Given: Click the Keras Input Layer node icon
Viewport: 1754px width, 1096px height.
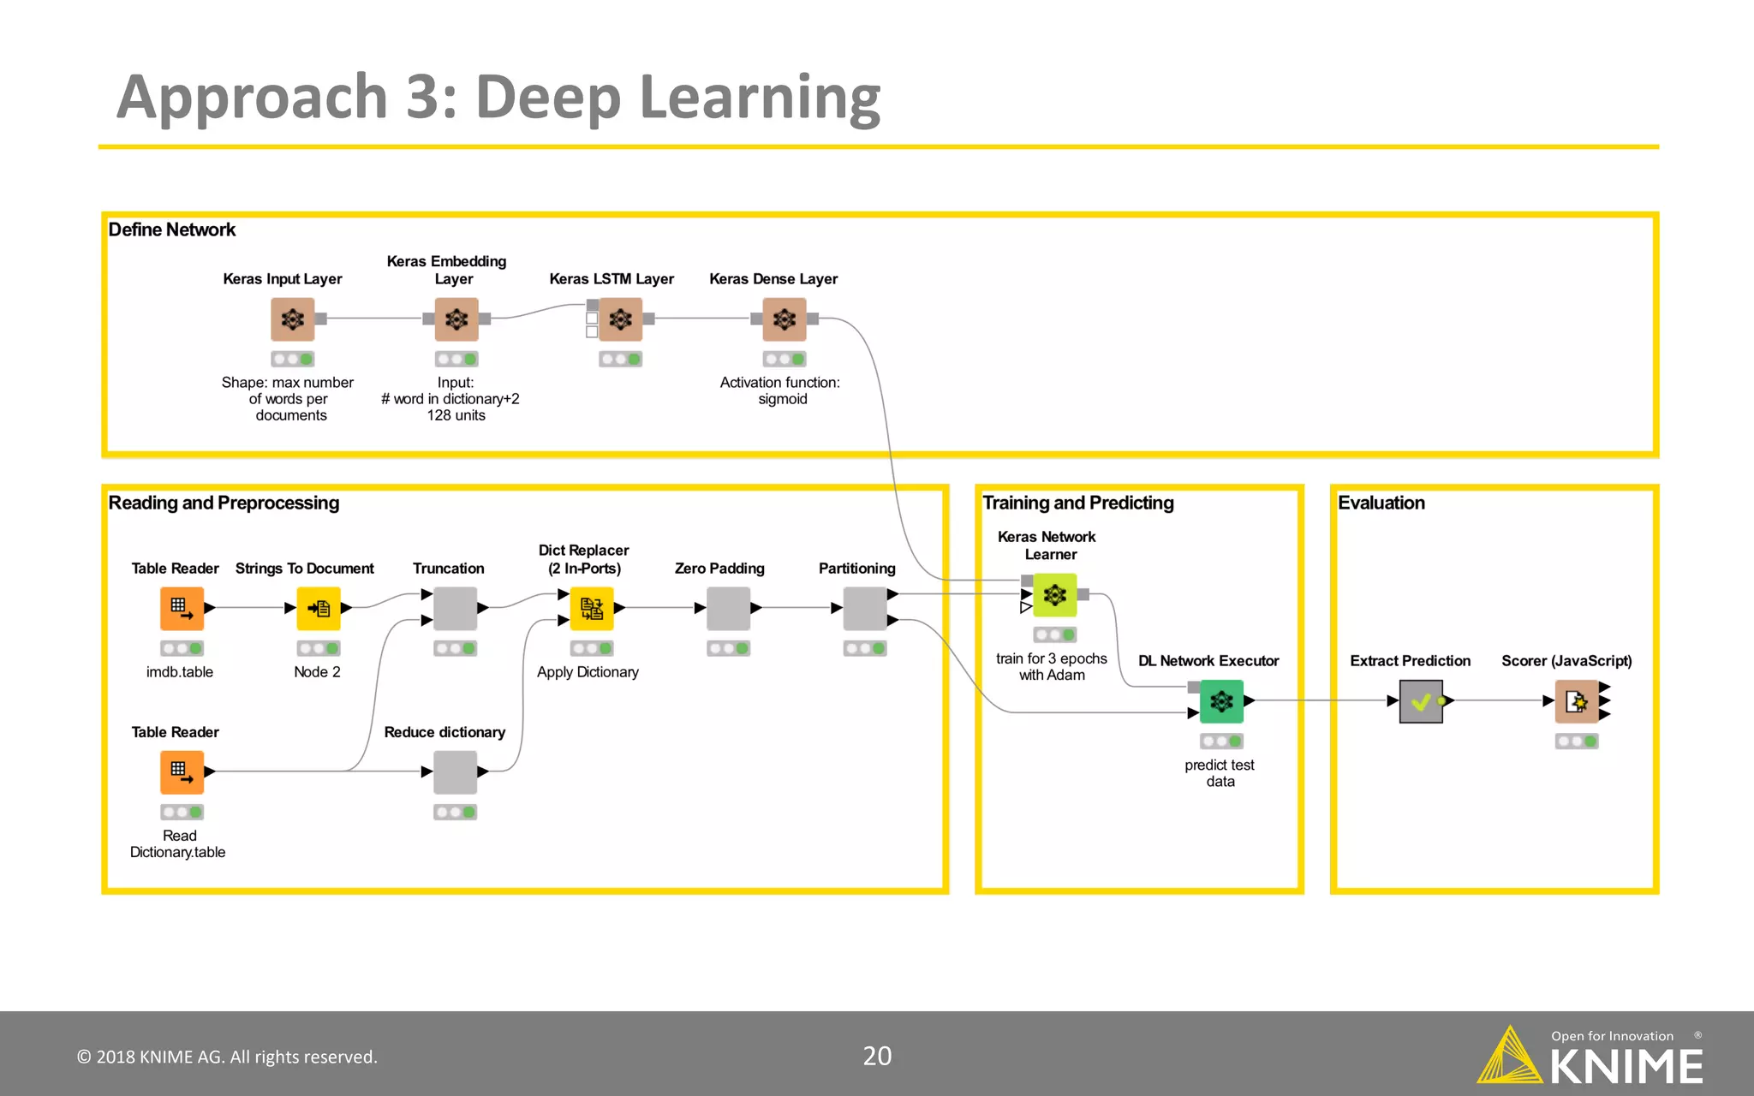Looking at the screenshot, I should [x=293, y=319].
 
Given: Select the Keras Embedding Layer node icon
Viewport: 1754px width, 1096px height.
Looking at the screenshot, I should [x=456, y=319].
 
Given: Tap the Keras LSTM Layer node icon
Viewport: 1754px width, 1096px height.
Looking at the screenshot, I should [x=620, y=319].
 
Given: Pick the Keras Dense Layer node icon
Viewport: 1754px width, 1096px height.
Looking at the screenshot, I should [x=784, y=319].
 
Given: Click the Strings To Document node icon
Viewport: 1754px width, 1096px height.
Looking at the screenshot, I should [x=319, y=608].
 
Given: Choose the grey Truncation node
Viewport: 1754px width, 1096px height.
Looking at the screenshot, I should [x=455, y=608].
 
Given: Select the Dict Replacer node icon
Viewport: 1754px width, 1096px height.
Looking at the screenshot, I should [x=592, y=608].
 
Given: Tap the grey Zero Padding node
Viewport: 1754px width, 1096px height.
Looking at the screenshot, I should [x=728, y=608].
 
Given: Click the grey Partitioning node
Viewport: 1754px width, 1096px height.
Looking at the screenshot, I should [x=865, y=608].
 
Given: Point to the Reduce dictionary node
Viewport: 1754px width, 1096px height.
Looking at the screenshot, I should [x=455, y=771].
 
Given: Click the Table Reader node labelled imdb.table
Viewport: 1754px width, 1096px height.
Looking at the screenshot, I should [x=182, y=608].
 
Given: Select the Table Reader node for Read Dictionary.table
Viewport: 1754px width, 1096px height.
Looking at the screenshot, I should [x=182, y=771].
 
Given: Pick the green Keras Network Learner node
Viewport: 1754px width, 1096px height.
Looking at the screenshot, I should [x=1055, y=594].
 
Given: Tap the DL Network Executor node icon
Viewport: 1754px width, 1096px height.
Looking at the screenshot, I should [x=1221, y=701].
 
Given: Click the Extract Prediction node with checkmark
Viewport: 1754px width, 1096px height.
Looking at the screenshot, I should [x=1421, y=701].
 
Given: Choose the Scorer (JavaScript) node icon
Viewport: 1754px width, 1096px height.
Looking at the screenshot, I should [x=1577, y=701].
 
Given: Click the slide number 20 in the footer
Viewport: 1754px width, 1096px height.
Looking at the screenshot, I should [x=877, y=1056].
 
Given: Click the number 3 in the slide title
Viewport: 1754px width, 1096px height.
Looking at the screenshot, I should [x=424, y=96].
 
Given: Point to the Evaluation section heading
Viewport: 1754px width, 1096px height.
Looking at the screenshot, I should [x=1381, y=503].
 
